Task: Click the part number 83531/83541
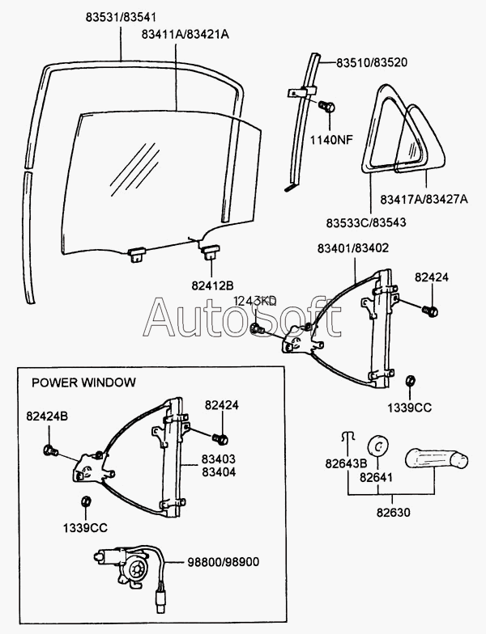[122, 18]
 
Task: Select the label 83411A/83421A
[185, 35]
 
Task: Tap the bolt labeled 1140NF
[326, 107]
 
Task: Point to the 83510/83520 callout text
[372, 63]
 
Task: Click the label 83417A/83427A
[424, 199]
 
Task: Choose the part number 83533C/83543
[366, 223]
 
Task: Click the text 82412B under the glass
[212, 285]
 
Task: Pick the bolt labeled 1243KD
[258, 328]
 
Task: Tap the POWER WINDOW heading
[84, 383]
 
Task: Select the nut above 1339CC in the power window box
[86, 501]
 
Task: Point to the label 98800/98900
[224, 562]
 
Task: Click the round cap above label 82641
[377, 446]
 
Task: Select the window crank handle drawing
[436, 459]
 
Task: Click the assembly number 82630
[394, 513]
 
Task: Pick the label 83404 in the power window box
[219, 472]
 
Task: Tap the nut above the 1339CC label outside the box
[411, 382]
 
